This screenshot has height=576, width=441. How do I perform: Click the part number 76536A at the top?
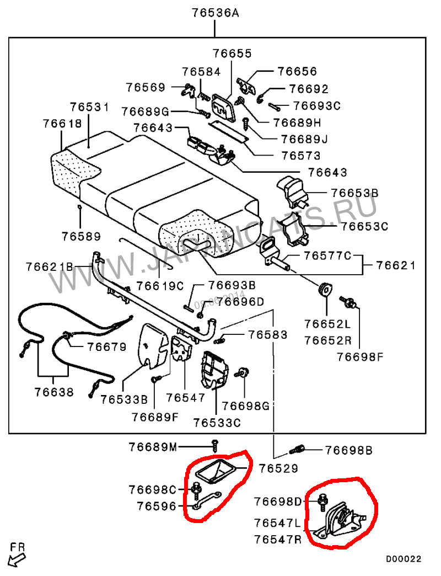pos(216,13)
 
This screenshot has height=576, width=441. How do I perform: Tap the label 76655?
pos(232,54)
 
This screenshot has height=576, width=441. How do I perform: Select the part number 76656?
pos(297,71)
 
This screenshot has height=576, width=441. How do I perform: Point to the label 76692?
pos(308,89)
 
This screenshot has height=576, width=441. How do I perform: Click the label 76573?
pos(300,156)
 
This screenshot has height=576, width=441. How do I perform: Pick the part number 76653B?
pos(354,193)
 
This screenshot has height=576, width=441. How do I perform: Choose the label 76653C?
pos(364,226)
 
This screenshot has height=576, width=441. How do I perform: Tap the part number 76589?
pos(81,236)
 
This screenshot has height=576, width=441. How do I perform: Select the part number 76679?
pos(106,347)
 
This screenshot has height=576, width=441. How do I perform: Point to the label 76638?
pos(53,392)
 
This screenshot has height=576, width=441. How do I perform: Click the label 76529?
pos(279,468)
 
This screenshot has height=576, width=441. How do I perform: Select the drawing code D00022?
pos(403,559)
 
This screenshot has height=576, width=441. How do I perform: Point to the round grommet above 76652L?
pos(325,288)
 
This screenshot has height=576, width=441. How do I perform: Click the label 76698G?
pos(245,407)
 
